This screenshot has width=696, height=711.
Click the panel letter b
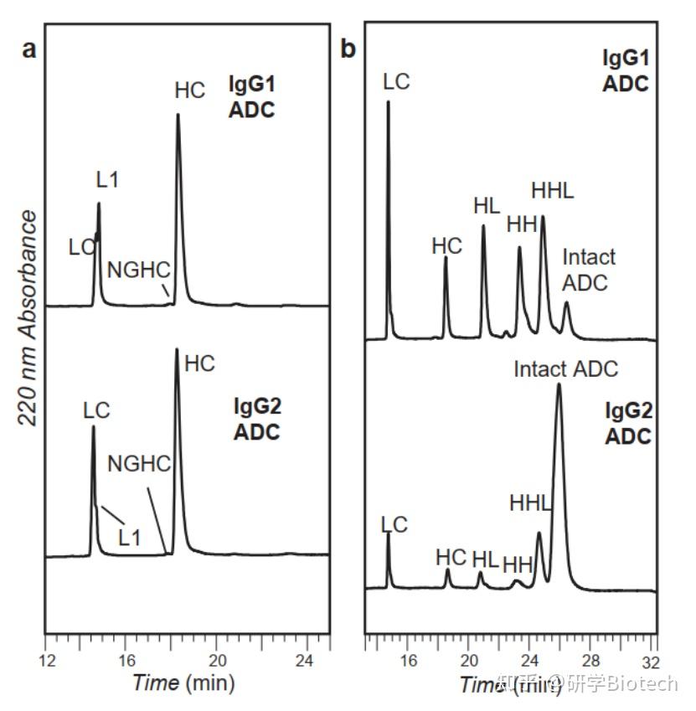pos(348,49)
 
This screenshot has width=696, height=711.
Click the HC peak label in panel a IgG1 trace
pos(189,90)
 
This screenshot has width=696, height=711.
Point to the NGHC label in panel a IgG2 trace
pos(139,463)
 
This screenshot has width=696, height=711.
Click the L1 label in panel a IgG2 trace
pos(129,537)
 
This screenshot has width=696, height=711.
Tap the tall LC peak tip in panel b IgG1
pos(389,102)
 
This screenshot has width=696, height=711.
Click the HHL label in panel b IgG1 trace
pos(553,191)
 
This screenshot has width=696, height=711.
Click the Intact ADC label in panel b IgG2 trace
pos(565,368)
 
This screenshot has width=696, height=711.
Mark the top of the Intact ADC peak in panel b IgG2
pos(559,385)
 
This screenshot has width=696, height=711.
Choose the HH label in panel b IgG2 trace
pos(518,564)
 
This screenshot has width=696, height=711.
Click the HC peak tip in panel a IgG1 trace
pos(178,115)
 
